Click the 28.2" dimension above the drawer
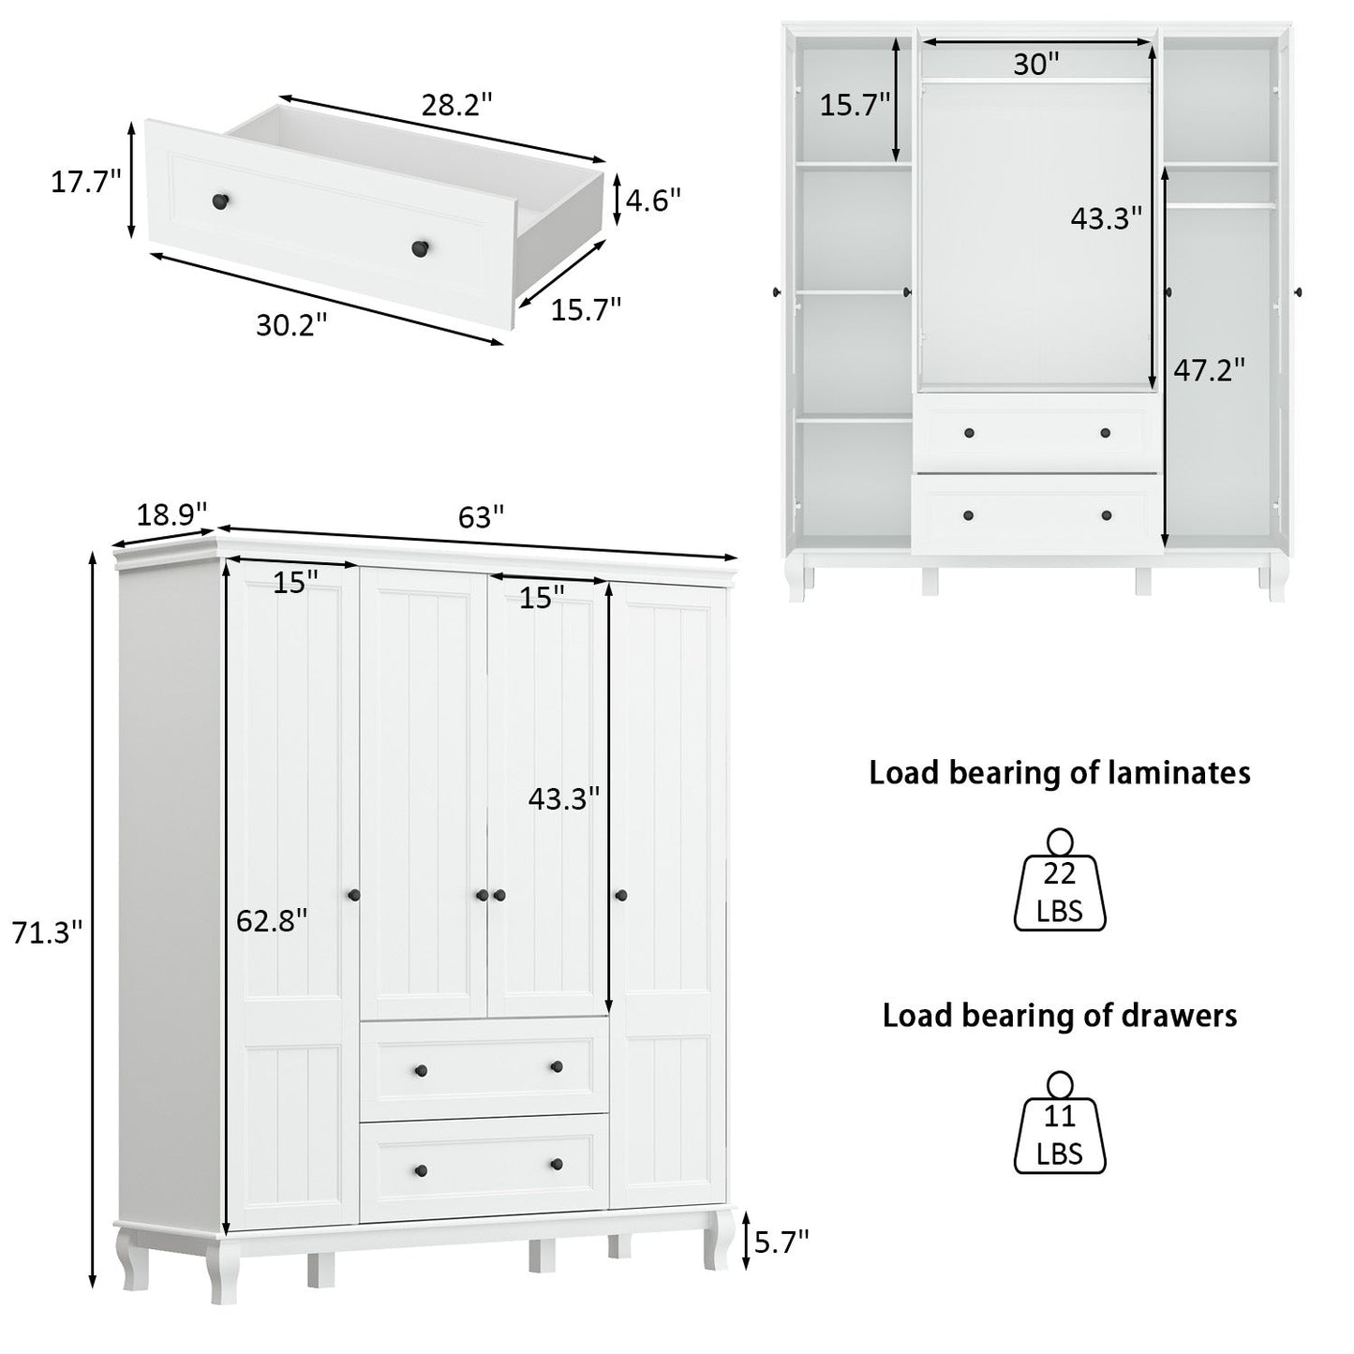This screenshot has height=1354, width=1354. coord(456,105)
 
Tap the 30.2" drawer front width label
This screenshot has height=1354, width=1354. coord(292,324)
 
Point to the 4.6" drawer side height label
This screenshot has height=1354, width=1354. coord(652,200)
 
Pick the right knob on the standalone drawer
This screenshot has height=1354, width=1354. coord(420,248)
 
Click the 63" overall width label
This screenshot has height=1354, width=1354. coord(481,516)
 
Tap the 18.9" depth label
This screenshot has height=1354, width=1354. coord(171,514)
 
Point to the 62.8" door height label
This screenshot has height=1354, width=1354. coord(271,921)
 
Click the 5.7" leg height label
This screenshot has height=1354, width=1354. coord(781,1242)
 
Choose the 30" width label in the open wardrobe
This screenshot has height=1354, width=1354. coord(1036,64)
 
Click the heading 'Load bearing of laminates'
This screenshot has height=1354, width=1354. coord(1060,773)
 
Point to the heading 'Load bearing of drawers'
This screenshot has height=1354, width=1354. coord(1060,1016)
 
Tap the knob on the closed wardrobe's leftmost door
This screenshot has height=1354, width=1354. coord(353,896)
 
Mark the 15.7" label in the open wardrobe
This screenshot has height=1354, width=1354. coord(855,105)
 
